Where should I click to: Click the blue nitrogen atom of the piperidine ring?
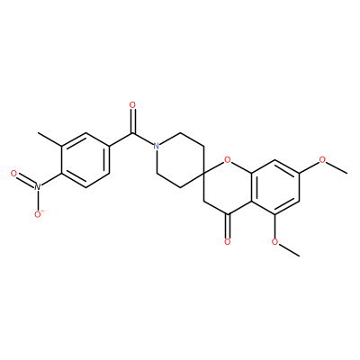point(156,146)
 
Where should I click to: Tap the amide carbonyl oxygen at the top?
point(132,105)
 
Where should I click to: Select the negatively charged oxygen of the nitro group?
point(39,214)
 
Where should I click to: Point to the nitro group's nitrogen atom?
point(37,186)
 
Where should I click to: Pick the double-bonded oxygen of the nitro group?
point(13,173)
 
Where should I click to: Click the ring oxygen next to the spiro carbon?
point(228,159)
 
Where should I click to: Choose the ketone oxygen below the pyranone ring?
point(228,241)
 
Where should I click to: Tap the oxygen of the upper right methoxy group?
point(322,159)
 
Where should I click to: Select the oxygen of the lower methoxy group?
point(275,241)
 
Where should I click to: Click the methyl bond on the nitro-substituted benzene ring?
point(49,139)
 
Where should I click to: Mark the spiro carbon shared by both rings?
point(204,174)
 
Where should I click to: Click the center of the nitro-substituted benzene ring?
point(85,160)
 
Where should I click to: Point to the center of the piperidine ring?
point(180,160)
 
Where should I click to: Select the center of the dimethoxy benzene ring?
point(275,187)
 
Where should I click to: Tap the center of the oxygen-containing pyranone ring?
point(228,187)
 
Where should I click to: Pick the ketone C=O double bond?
point(228,226)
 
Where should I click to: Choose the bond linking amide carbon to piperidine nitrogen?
point(142,139)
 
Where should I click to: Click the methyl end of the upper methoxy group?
point(347,173)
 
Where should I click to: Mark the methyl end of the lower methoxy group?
point(299,256)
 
